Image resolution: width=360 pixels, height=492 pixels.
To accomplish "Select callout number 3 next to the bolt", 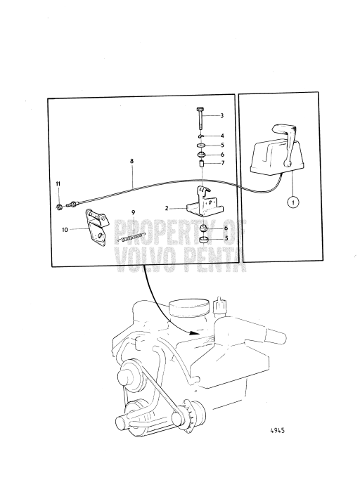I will [221, 115].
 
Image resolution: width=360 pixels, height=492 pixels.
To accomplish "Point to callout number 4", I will [221, 135].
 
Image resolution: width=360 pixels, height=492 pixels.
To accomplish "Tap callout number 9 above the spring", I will [133, 212].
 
